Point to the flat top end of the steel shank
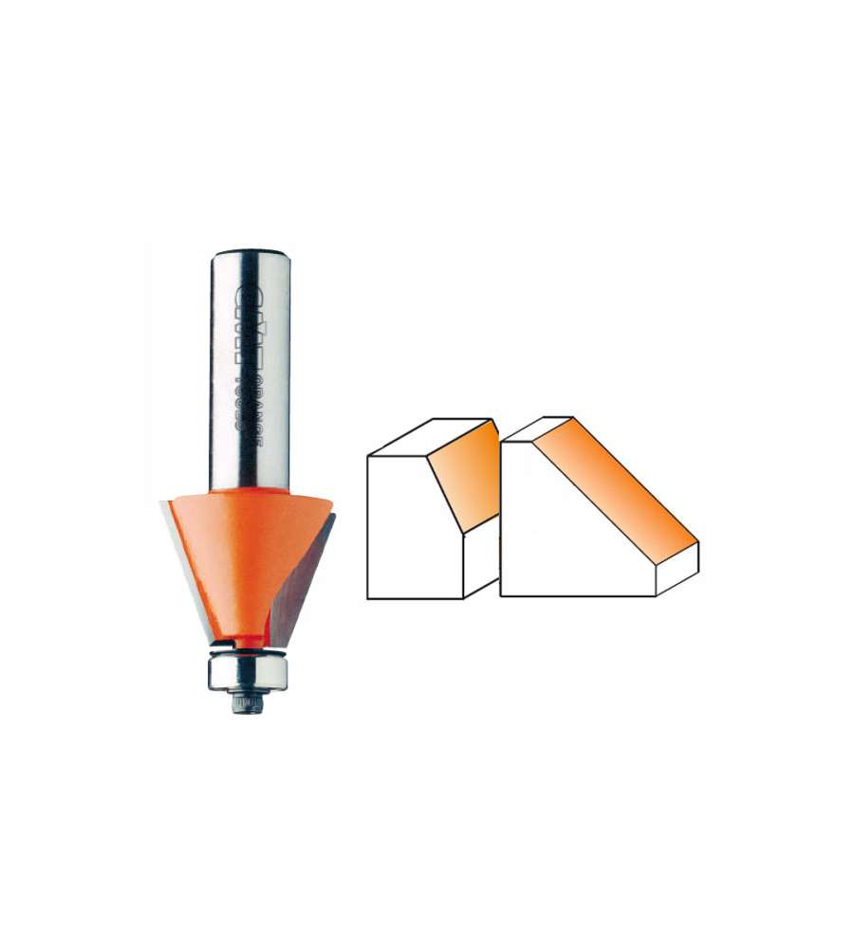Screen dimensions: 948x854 point(251,252)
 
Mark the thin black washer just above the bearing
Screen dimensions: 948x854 point(250,652)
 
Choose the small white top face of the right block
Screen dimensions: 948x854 point(537,429)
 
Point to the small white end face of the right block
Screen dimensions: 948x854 point(678,569)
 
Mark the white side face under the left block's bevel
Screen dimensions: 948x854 point(480,559)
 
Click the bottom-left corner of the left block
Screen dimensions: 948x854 point(368,599)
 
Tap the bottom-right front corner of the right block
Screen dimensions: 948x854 point(657,596)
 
